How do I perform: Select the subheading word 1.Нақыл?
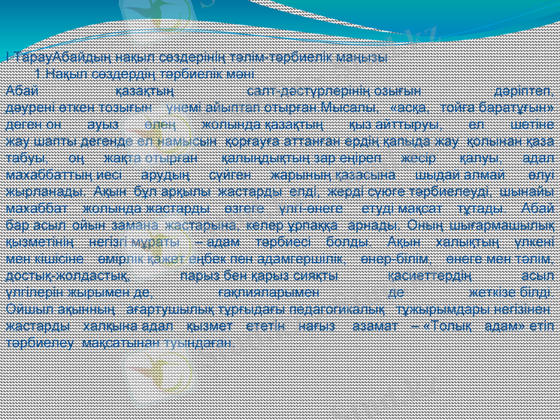coord(58,74)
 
